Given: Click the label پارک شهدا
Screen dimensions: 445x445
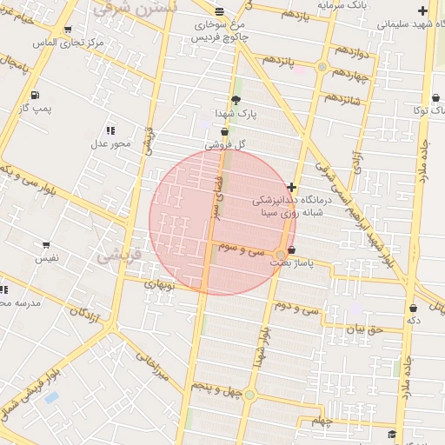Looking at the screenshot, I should pyautogui.click(x=236, y=114).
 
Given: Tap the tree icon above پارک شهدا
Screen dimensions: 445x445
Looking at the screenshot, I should pyautogui.click(x=236, y=100).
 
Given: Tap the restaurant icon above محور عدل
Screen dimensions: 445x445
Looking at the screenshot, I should pyautogui.click(x=110, y=130).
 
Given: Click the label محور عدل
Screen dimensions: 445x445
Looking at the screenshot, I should pyautogui.click(x=110, y=143).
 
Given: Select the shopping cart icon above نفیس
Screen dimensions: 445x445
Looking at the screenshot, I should pyautogui.click(x=45, y=245).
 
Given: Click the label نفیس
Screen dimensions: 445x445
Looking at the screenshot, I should pyautogui.click(x=47, y=258).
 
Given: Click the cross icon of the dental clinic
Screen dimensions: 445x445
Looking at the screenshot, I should pyautogui.click(x=291, y=187).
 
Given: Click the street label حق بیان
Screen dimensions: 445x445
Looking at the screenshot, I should pyautogui.click(x=363, y=329).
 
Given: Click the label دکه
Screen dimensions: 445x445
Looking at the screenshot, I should pyautogui.click(x=414, y=321).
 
